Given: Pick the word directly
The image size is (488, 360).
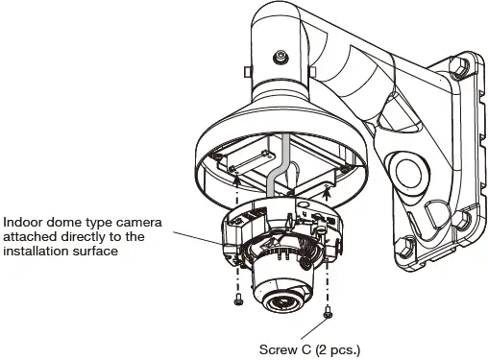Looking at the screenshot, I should pyautogui.click(x=73, y=236).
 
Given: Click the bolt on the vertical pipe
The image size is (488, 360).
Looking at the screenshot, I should pyautogui.click(x=280, y=58).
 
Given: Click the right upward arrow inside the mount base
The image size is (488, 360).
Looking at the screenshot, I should pyautogui.click(x=329, y=192).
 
